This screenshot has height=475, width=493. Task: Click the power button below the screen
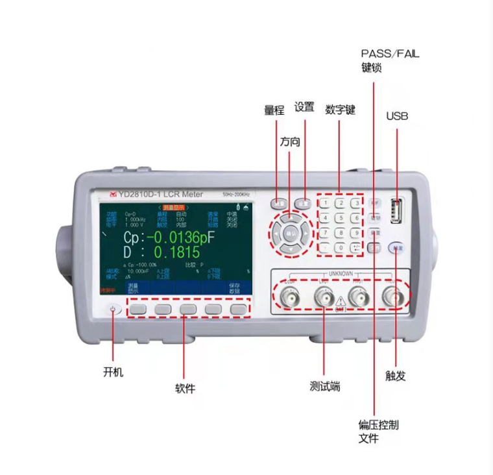114,310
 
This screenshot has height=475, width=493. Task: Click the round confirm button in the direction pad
290,232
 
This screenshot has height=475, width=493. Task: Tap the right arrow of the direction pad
306,232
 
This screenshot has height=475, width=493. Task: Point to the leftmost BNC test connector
287,298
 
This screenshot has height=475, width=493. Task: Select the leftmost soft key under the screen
138,310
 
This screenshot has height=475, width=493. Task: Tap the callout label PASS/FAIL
390,54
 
